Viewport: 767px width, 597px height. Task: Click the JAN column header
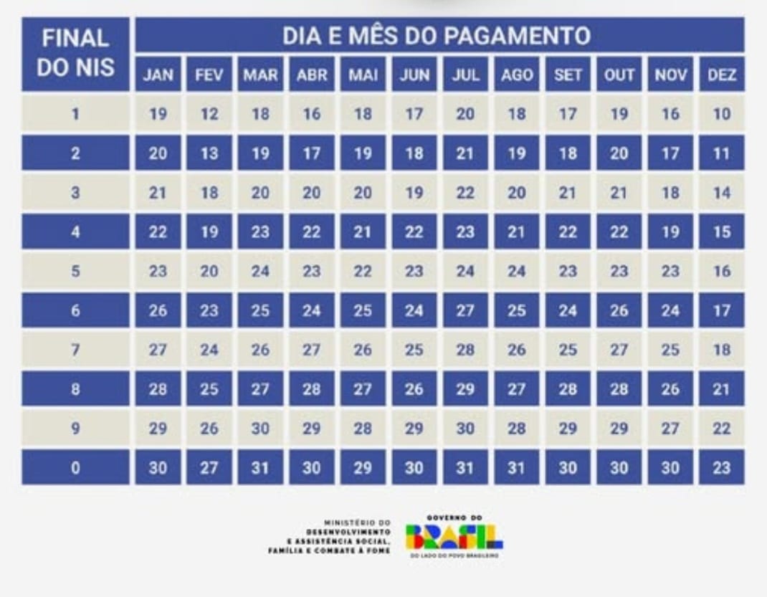(158, 75)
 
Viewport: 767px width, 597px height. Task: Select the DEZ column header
(722, 75)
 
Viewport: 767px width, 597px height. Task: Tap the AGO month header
(517, 75)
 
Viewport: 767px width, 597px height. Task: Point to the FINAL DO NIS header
(75, 53)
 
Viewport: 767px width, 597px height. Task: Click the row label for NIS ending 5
(75, 271)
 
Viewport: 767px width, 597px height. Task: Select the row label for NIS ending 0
(75, 468)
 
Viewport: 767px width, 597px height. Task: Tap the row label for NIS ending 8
(75, 389)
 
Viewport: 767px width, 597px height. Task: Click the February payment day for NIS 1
(209, 114)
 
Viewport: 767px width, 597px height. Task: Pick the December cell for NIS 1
(722, 114)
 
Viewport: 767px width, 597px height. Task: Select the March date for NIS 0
(260, 468)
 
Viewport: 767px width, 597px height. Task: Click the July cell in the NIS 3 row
(465, 193)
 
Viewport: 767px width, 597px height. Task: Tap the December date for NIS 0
(722, 468)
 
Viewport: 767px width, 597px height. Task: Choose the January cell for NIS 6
(158, 310)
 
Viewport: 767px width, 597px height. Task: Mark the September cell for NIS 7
(568, 350)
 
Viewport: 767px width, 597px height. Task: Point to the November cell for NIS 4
(670, 231)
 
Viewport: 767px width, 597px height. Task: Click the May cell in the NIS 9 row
(363, 429)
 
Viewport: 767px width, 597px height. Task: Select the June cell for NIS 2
(414, 153)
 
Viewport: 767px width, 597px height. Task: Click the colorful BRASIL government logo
(454, 536)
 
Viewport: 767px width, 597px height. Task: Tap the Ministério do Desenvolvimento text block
(330, 536)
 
